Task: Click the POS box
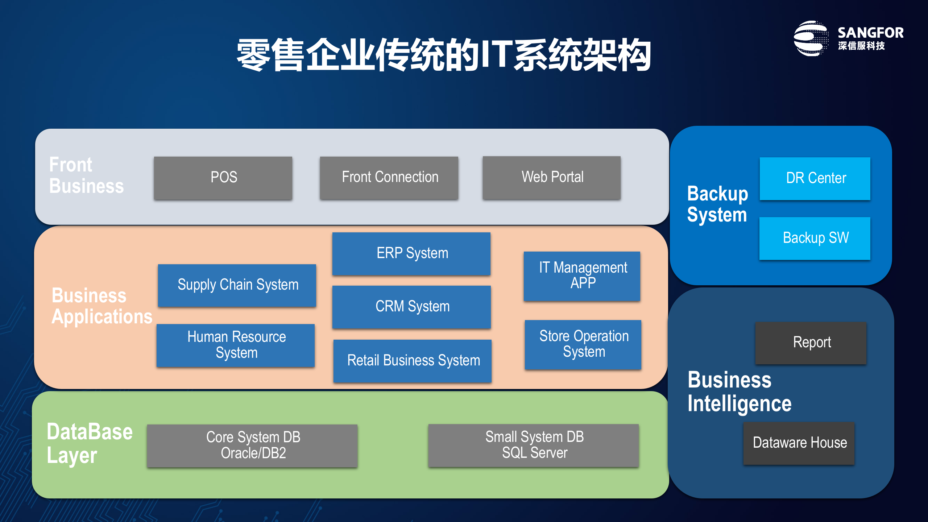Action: click(x=223, y=178)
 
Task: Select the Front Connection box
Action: click(x=389, y=178)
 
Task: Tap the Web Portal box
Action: click(x=551, y=178)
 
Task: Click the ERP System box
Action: click(x=411, y=253)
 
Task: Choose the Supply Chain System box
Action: click(x=237, y=285)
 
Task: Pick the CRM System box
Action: click(x=411, y=307)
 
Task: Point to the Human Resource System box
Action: click(x=236, y=345)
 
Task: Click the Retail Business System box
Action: click(x=413, y=361)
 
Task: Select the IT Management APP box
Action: click(x=582, y=276)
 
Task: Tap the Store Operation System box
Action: click(x=583, y=344)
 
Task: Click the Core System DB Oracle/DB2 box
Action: click(x=252, y=446)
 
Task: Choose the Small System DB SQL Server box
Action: click(x=533, y=445)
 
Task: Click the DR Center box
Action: click(x=815, y=178)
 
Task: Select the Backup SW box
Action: click(x=815, y=238)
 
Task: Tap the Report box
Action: click(x=811, y=343)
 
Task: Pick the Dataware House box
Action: click(x=799, y=443)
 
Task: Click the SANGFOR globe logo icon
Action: click(x=811, y=38)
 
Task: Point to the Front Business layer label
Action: click(x=86, y=175)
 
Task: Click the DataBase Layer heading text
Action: click(x=90, y=443)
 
